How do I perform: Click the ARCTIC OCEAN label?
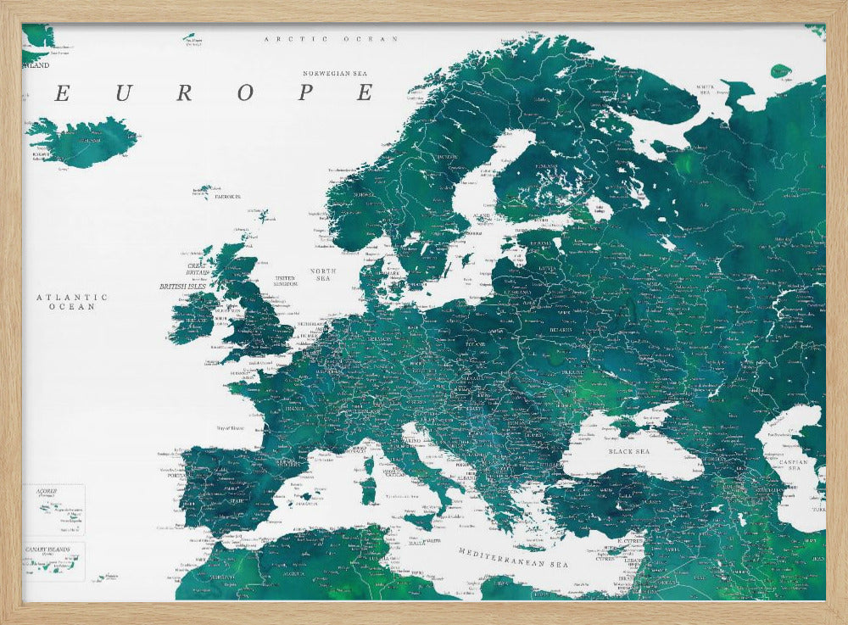331,39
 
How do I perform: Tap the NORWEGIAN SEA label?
338,74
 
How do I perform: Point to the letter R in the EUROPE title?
184,93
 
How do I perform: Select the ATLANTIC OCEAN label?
72,301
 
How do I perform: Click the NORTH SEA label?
323,275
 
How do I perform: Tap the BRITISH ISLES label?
182,287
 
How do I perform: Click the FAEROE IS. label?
227,196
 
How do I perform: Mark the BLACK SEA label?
628,452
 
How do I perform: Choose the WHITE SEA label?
706,88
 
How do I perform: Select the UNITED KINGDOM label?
285,280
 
